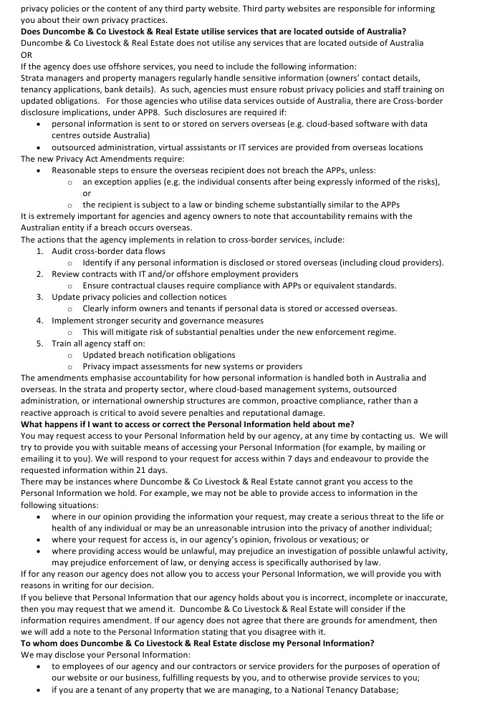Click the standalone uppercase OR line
click(27, 54)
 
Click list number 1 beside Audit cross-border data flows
click(40, 251)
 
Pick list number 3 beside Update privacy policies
click(40, 297)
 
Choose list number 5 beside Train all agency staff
click(40, 343)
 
